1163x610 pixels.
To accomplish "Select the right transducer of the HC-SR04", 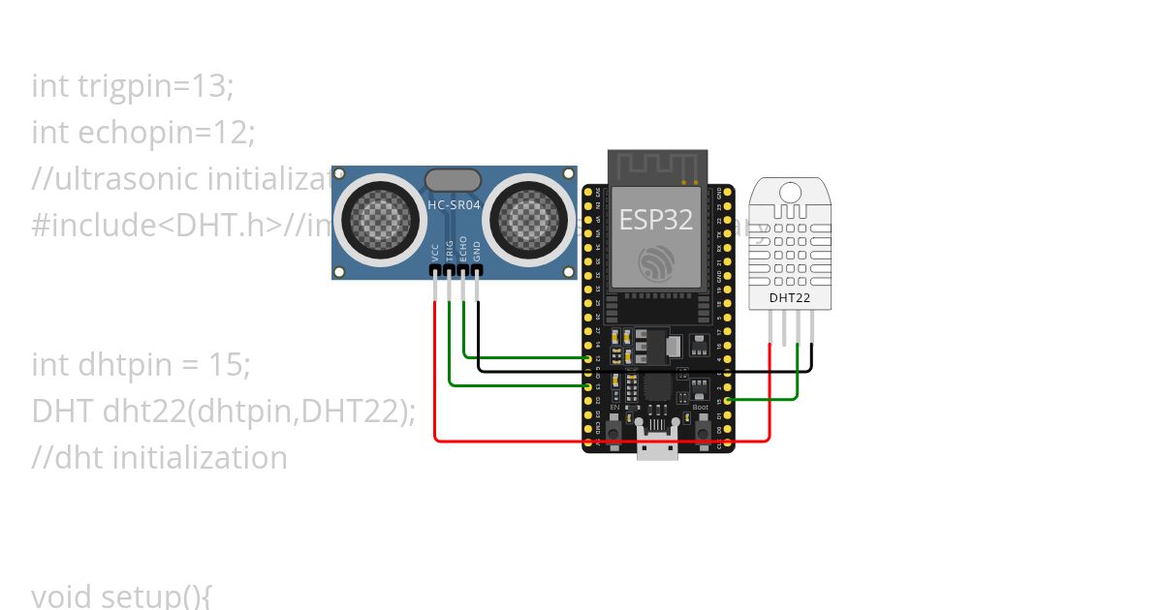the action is tap(529, 219).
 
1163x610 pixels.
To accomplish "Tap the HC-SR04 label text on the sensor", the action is tap(453, 204).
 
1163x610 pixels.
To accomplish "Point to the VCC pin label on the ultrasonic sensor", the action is tap(435, 252).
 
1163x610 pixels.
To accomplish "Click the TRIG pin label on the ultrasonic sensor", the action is tap(450, 250).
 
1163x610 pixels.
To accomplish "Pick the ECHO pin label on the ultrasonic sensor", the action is tap(463, 249).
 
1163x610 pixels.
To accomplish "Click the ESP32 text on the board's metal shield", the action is tap(656, 219).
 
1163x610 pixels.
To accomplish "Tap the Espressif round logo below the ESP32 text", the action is tap(657, 261).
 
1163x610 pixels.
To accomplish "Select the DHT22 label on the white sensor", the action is tap(790, 297).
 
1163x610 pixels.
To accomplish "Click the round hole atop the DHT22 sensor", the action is tap(790, 192).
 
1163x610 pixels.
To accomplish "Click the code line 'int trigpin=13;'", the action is tap(133, 85).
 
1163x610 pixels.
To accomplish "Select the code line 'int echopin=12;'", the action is tap(143, 132).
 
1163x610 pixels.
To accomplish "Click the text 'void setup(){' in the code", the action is tap(121, 595).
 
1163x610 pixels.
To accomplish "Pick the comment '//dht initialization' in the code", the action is tap(159, 457).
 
